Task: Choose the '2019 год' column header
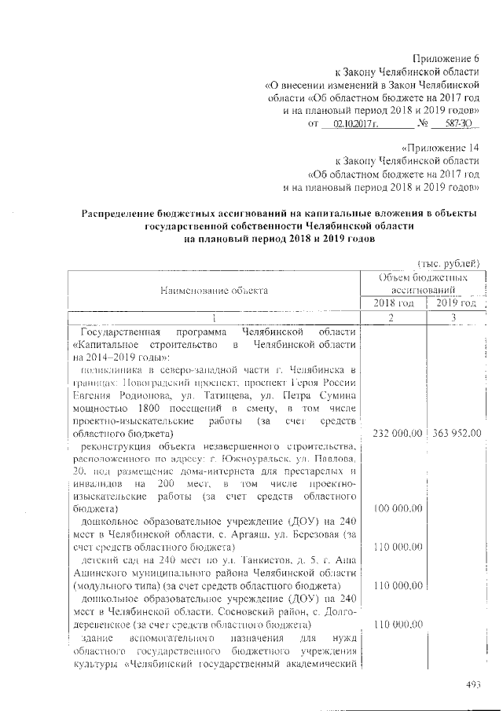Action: [x=456, y=303]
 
